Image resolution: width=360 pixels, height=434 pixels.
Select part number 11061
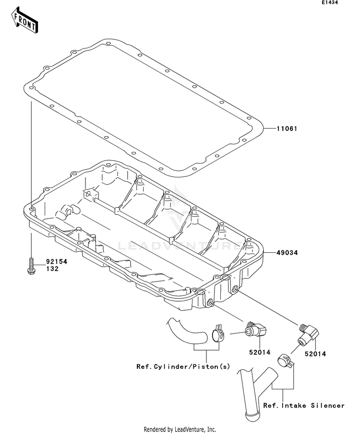pyautogui.click(x=288, y=129)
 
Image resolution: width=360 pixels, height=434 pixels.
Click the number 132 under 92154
pyautogui.click(x=52, y=269)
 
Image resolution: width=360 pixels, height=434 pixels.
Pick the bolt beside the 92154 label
pyautogui.click(x=31, y=266)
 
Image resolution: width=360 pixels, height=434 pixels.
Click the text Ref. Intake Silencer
pyautogui.click(x=304, y=405)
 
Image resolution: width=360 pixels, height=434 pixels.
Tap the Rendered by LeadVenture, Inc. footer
pyautogui.click(x=180, y=429)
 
